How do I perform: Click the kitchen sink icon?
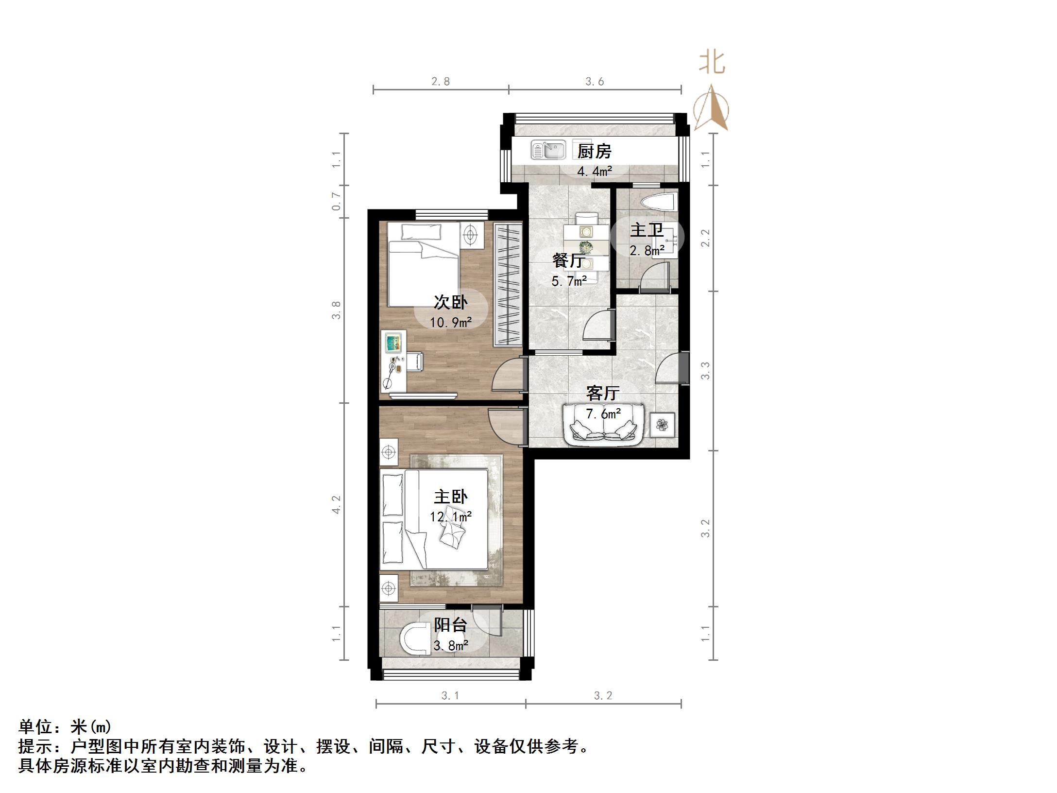tap(548, 150)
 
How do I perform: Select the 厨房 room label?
tap(594, 152)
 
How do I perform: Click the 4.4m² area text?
tap(594, 171)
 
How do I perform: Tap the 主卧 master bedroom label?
tap(451, 497)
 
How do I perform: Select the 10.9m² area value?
tap(451, 322)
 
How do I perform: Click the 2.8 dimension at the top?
tap(441, 82)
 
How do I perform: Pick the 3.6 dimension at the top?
tap(595, 82)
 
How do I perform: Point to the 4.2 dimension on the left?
tap(336, 504)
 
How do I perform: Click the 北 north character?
tap(712, 63)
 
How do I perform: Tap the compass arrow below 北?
tap(711, 109)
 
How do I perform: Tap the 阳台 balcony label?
tap(450, 625)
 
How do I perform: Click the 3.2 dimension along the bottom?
tap(603, 696)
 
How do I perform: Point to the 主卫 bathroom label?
tap(647, 230)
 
